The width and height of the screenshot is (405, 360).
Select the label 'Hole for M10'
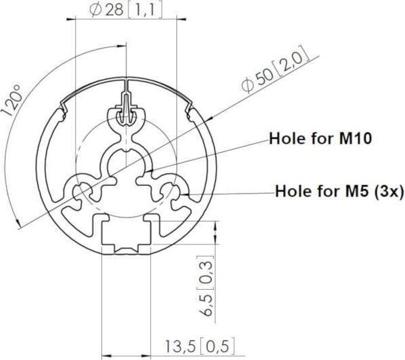pos(320,139)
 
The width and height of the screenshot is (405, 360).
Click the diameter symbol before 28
pos(95,11)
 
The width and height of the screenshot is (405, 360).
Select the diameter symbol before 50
pos(248,84)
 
